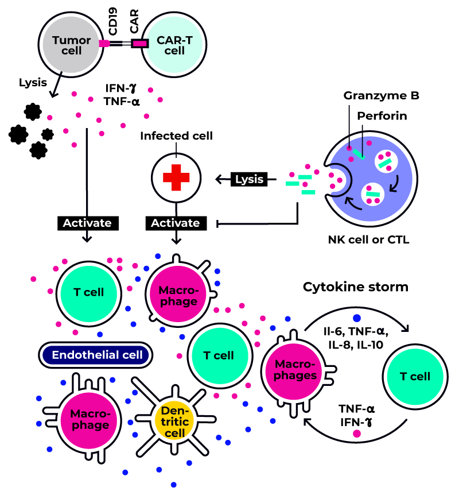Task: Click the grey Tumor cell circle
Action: coord(71,45)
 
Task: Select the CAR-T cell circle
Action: coord(174,45)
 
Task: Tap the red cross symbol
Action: coord(176,178)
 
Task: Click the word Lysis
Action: coord(249,179)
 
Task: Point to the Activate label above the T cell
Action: coord(87,223)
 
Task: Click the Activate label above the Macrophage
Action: coord(175,223)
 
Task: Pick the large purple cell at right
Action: coord(371,179)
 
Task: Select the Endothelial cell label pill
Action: coord(96,355)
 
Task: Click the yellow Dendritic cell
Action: coord(174,421)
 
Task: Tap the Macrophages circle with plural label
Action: coord(294,371)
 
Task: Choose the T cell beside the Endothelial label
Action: coord(220,355)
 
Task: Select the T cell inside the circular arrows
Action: coord(415,377)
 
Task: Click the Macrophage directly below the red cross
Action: coord(178,294)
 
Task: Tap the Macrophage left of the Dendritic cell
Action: coord(89,420)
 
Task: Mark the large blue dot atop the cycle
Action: coord(357,318)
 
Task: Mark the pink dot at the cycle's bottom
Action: coord(357,434)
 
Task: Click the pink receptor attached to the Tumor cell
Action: coord(104,43)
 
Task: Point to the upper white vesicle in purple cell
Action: coord(386,161)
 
